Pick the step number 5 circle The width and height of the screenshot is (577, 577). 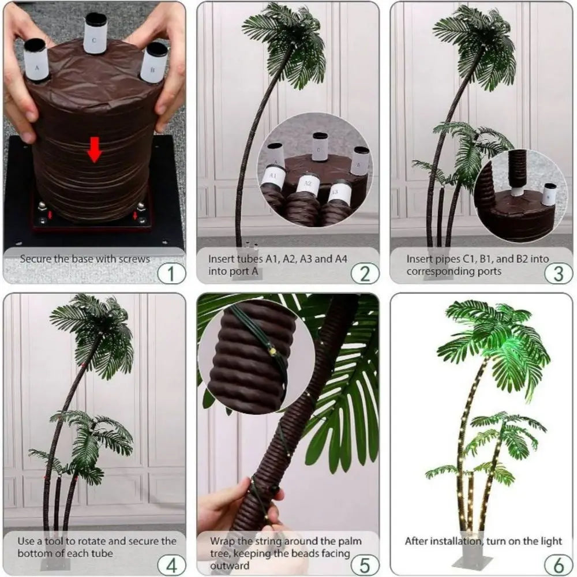[364, 563]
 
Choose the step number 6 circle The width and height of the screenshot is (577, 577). [557, 563]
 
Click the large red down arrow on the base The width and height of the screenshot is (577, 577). [95, 153]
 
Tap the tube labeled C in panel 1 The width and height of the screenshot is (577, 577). [95, 33]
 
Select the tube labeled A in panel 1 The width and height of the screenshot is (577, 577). [37, 61]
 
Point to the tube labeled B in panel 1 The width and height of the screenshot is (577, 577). [154, 62]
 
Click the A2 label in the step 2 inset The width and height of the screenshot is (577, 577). [308, 184]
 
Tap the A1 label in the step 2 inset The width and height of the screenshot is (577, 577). [273, 175]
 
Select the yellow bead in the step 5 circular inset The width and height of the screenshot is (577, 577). [270, 349]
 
